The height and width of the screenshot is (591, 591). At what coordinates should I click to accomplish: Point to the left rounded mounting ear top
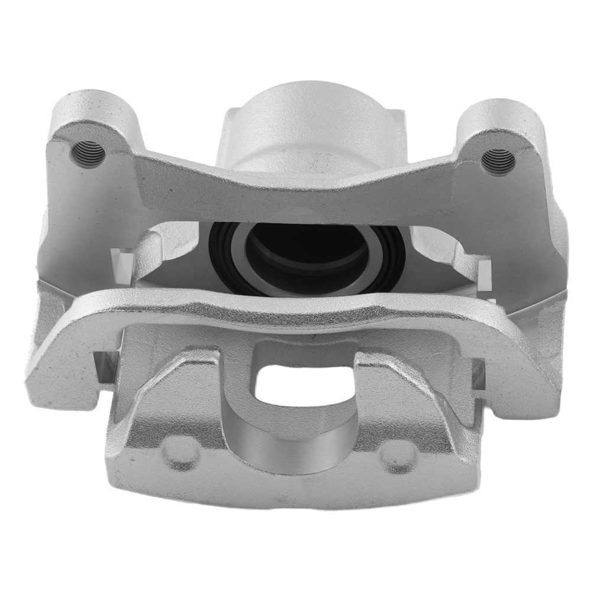click(x=95, y=109)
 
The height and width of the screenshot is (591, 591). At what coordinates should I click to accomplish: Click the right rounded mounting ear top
click(x=499, y=118)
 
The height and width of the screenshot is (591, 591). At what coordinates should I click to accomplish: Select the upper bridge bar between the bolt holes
click(x=295, y=189)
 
